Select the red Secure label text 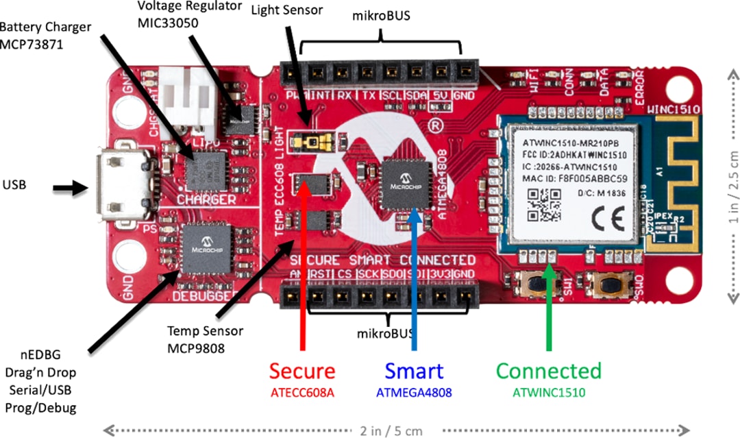302,371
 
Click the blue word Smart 413,371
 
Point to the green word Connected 548,371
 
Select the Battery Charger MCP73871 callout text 45,35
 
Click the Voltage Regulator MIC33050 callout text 189,14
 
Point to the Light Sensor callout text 286,10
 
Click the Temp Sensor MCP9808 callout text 206,338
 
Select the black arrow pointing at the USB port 71,186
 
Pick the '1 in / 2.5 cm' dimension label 732,185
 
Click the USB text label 16,184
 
